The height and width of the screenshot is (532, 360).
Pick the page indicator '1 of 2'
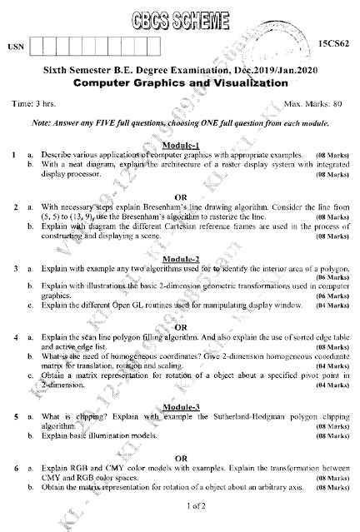(x=180, y=505)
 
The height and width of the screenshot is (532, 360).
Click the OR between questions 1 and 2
(x=180, y=193)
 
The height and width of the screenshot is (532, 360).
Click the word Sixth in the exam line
(x=57, y=72)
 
